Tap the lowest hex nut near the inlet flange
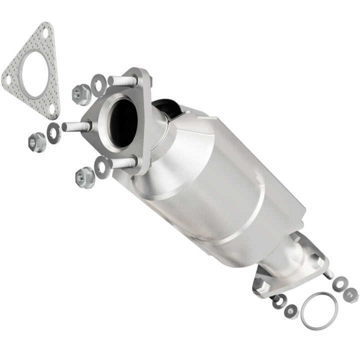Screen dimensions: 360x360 coord(84,177)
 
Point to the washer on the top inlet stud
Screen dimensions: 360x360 coord(99,79)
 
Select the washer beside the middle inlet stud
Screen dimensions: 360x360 coord(53,132)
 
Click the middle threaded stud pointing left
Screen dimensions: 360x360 coord(74,126)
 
